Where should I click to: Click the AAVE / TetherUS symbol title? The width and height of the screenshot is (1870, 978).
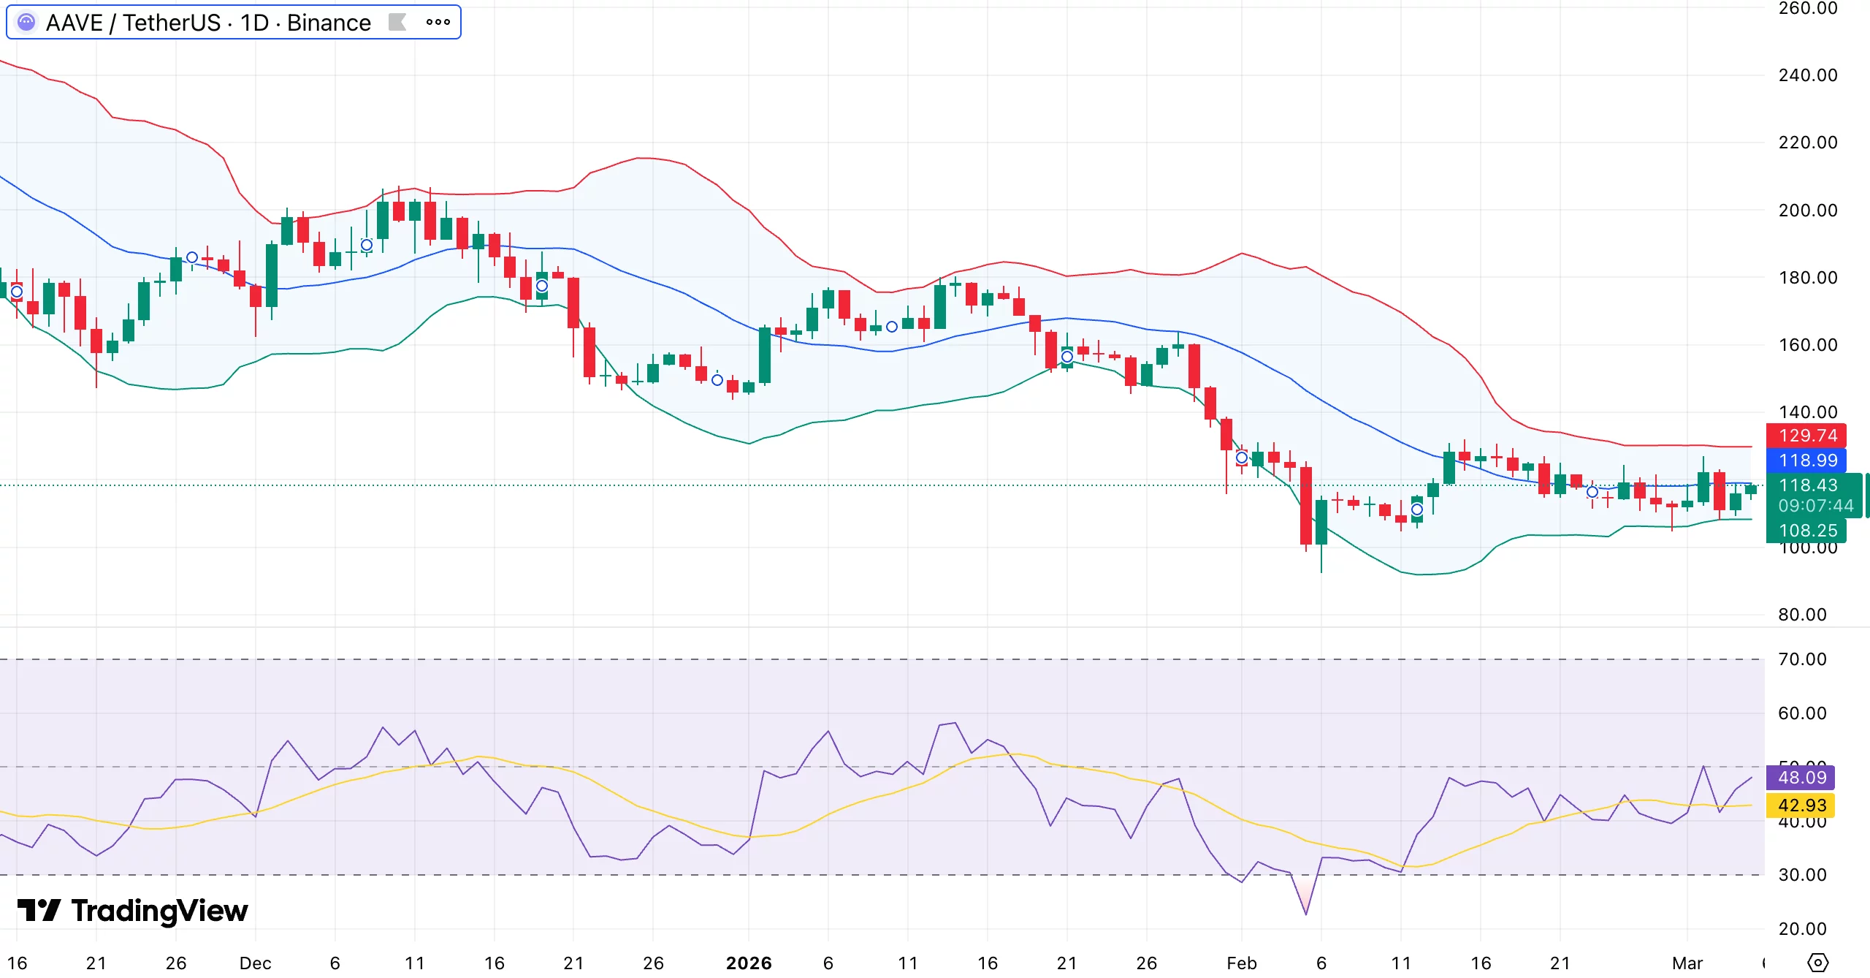point(207,23)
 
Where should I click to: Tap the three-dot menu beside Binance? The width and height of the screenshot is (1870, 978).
point(438,22)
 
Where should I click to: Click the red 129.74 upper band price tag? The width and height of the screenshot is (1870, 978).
point(1806,436)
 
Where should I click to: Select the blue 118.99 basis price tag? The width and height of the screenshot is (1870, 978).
point(1806,460)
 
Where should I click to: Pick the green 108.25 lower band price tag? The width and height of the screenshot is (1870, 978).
point(1806,531)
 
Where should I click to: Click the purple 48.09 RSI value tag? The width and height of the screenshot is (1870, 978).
point(1801,777)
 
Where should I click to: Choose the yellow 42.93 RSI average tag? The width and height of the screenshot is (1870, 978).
point(1801,805)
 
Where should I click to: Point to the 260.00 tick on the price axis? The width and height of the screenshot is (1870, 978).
point(1807,9)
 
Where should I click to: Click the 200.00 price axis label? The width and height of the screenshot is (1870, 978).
point(1807,211)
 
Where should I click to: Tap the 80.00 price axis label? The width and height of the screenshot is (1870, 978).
point(1802,615)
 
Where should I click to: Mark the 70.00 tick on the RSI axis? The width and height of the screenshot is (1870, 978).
point(1802,659)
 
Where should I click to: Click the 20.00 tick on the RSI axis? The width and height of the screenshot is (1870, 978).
point(1802,929)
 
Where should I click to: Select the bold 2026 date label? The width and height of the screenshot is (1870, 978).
point(749,963)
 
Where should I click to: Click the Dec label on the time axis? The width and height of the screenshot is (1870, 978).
point(255,963)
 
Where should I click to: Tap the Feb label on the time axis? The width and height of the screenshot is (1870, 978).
point(1242,963)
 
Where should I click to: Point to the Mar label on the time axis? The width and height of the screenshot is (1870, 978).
point(1687,963)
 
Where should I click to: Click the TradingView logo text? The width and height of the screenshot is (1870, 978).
point(159,911)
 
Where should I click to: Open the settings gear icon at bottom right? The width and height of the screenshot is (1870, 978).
point(1817,963)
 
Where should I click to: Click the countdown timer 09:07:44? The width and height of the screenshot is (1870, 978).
point(1815,506)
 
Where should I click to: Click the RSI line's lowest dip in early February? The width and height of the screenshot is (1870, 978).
point(1305,913)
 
